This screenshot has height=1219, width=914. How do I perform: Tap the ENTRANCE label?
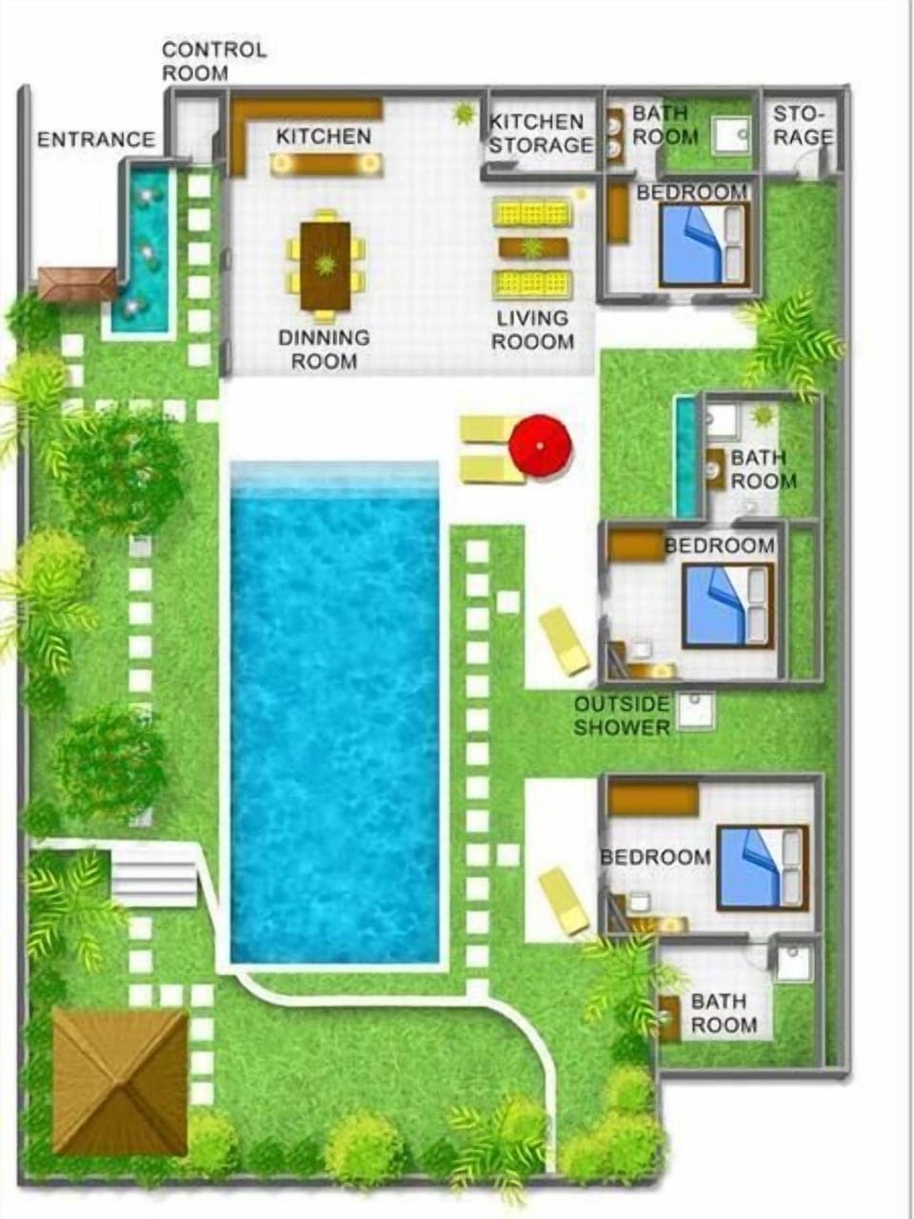[x=95, y=140]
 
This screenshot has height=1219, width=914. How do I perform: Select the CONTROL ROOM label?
[x=213, y=61]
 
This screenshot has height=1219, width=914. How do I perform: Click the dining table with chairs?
[x=326, y=265]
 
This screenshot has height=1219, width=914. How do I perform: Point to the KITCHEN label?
[x=324, y=137]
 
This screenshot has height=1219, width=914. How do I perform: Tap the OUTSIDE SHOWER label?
[x=622, y=716]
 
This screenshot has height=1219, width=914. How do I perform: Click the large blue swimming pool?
[x=335, y=714]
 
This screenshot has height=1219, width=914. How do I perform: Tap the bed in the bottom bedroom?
[x=761, y=867]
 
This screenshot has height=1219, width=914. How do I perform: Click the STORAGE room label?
[x=803, y=126]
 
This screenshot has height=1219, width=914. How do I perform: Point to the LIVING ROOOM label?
[x=533, y=330]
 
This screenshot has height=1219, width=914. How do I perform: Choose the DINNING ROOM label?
[x=324, y=350]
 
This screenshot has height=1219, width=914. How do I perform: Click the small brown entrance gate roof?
[x=77, y=283]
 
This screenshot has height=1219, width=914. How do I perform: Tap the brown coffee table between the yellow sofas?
[x=533, y=249]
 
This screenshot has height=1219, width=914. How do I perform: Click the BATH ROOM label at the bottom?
[x=724, y=1013]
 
